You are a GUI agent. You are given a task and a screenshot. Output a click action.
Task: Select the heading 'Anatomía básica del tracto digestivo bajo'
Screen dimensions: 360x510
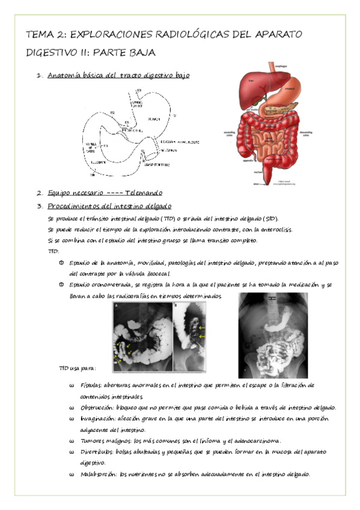pos(118,76)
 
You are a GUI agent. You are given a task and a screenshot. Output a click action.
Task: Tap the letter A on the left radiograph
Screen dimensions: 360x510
pos(116,306)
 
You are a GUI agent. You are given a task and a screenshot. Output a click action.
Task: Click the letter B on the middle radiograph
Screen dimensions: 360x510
pos(175,306)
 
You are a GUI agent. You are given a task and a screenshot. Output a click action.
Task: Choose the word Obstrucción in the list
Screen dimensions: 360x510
pos(97,407)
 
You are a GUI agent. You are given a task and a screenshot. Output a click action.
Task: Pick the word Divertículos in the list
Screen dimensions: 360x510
pos(98,452)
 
